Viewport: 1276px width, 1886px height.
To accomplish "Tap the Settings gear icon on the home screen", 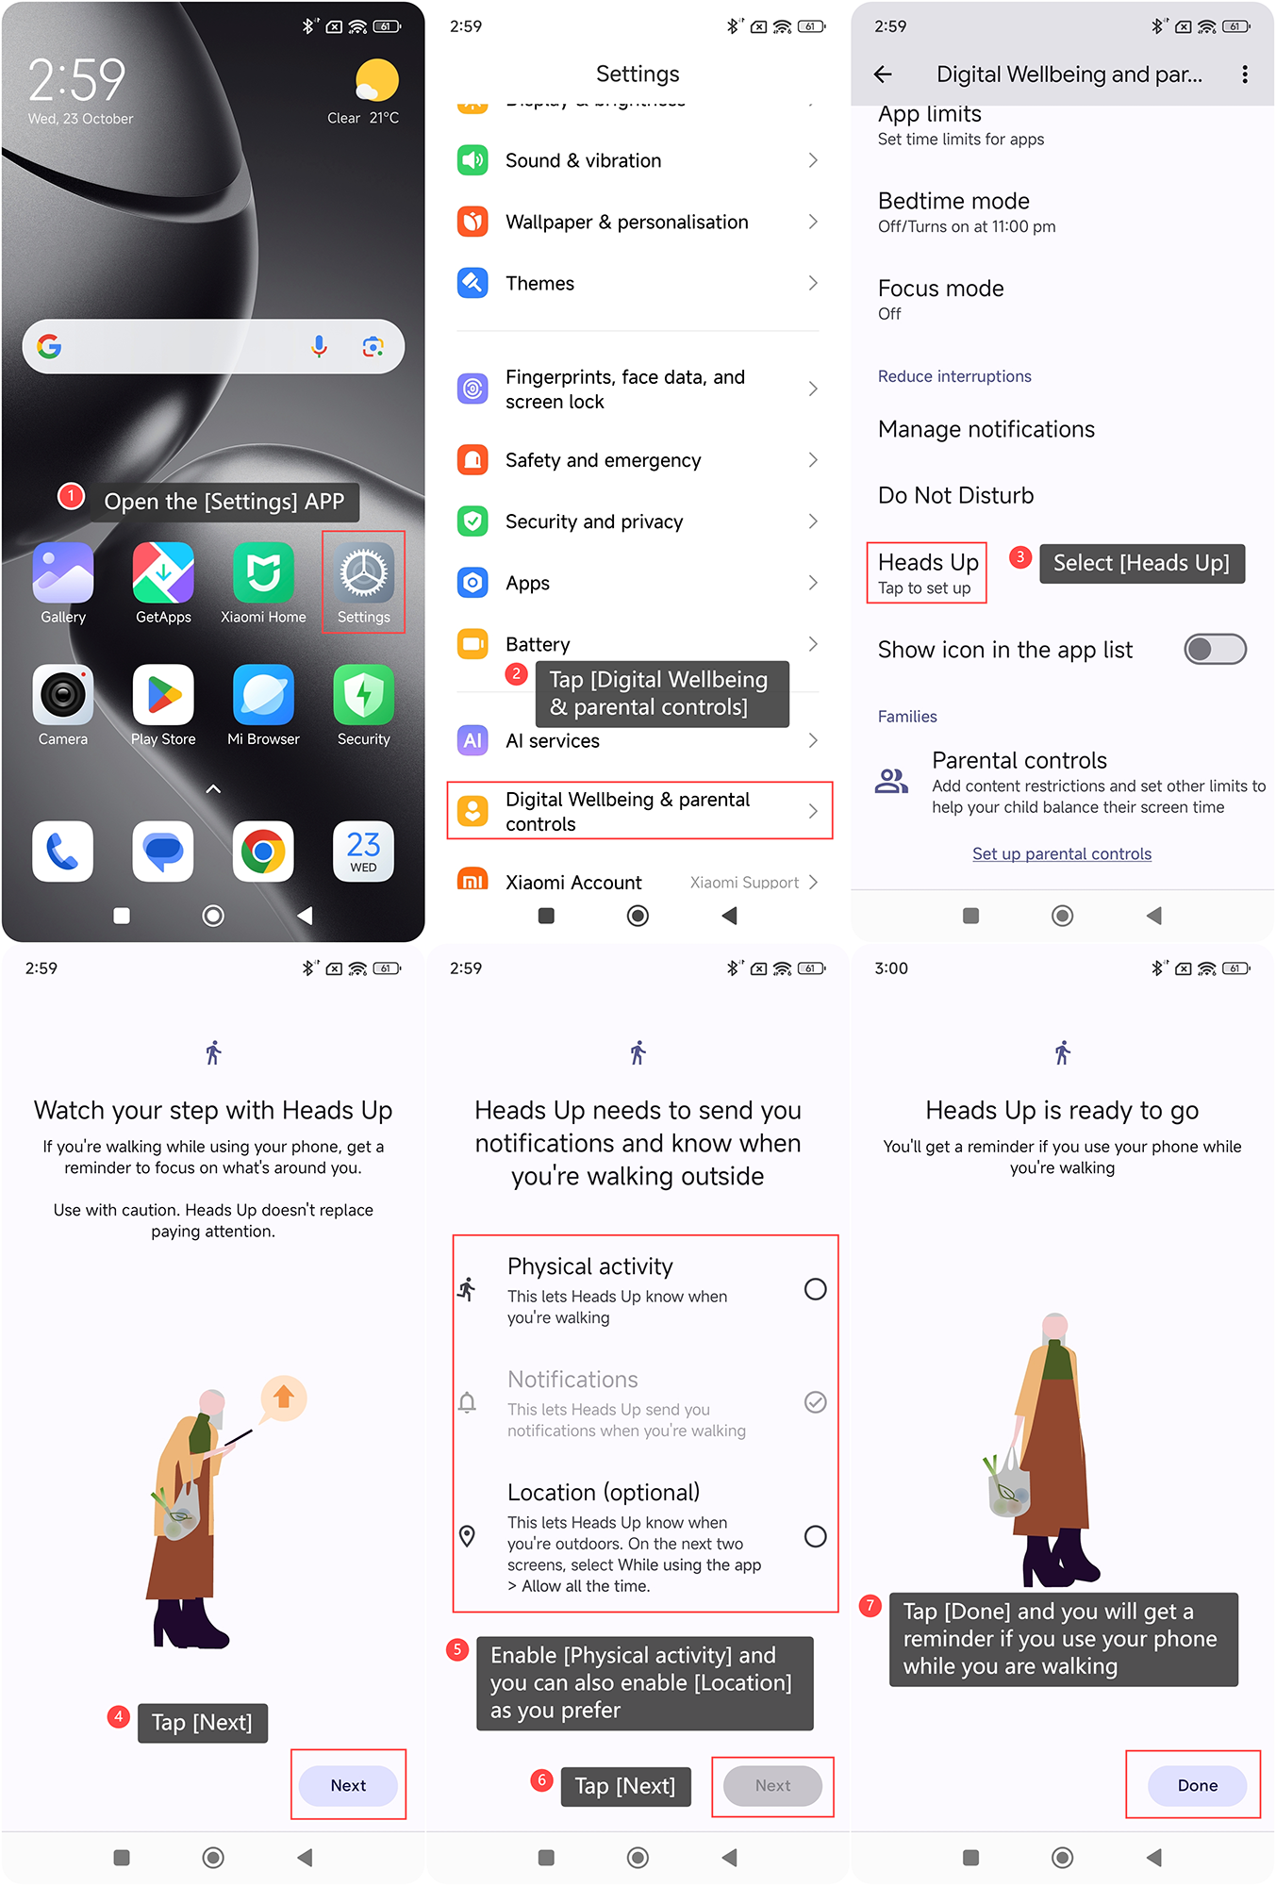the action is tap(363, 573).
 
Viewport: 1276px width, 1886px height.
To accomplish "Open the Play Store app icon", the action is tap(163, 695).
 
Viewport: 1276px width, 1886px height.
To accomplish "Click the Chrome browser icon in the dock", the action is tap(263, 852).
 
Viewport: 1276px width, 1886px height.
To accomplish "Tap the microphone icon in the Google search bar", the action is tap(320, 347).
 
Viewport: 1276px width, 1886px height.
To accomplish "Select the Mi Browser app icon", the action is tap(263, 695).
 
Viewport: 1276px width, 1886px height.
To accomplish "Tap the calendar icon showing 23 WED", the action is tap(363, 852).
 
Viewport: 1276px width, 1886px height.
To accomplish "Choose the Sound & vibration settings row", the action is tap(638, 160).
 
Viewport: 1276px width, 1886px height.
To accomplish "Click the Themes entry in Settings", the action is tap(638, 283).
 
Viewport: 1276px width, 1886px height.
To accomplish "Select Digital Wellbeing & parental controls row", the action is tap(639, 811).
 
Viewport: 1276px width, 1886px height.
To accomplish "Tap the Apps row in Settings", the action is tap(638, 583).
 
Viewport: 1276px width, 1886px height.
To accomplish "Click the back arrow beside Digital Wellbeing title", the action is tap(883, 74).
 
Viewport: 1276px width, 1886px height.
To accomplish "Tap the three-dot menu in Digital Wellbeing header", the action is tap(1245, 74).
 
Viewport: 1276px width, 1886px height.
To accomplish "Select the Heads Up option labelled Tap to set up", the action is tap(927, 573).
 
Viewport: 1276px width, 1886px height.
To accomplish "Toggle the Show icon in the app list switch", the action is tap(1216, 649).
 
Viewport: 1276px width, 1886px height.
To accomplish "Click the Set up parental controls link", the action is tap(1062, 853).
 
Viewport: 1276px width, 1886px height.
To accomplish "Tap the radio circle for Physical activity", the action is tap(816, 1289).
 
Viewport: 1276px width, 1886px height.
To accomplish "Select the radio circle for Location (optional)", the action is tap(816, 1536).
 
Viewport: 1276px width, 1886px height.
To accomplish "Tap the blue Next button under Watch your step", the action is tap(348, 1785).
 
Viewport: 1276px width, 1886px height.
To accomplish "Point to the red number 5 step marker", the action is tap(457, 1649).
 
